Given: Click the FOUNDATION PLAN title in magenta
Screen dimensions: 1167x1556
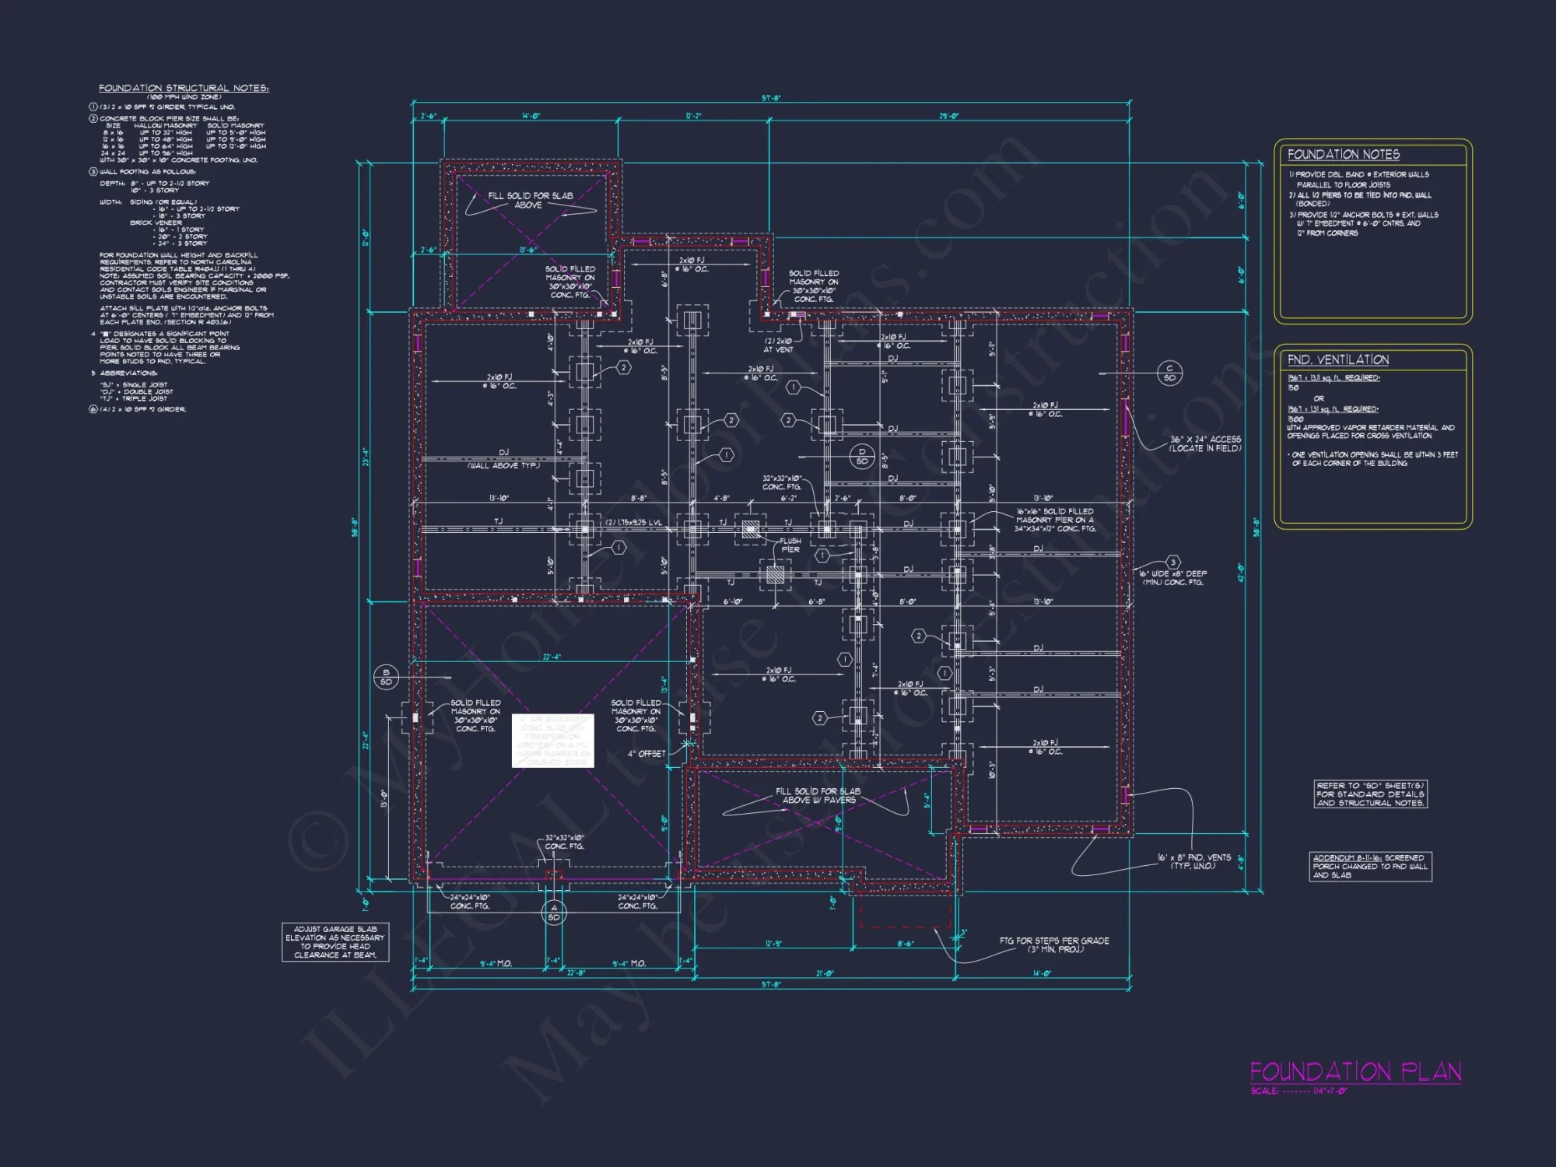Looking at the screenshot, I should click(x=1355, y=1072).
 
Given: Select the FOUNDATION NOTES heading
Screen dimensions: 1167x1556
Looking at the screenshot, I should click(x=1343, y=155).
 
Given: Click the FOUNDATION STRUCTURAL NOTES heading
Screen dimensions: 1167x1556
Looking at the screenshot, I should click(x=184, y=88).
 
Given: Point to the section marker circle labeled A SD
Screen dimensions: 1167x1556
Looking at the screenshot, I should click(x=554, y=913).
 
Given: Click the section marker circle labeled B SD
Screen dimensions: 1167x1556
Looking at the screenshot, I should click(x=386, y=677).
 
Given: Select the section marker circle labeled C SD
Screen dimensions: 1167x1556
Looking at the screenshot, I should click(x=1169, y=373).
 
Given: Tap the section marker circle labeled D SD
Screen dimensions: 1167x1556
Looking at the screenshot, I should click(x=862, y=457).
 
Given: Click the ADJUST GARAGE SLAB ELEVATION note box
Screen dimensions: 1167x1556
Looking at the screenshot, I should click(x=335, y=942).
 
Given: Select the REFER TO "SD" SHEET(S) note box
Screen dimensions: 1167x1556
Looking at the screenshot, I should click(x=1371, y=794).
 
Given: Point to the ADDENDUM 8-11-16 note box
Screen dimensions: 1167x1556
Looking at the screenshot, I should click(x=1370, y=867).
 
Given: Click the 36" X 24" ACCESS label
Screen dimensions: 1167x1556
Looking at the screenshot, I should click(x=1205, y=443).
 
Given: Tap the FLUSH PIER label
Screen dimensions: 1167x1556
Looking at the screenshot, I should click(x=790, y=545).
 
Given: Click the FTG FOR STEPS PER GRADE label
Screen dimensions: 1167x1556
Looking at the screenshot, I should click(x=1054, y=944).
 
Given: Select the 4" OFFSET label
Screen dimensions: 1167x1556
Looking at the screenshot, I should click(x=647, y=753).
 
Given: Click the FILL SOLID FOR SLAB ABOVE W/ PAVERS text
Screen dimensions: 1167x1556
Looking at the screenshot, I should click(x=818, y=795).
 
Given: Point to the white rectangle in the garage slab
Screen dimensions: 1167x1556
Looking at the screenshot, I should click(x=552, y=741).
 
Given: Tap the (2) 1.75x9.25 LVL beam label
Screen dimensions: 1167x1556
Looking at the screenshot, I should click(x=634, y=522).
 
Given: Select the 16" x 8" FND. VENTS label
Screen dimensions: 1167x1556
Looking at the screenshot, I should click(x=1193, y=861).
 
